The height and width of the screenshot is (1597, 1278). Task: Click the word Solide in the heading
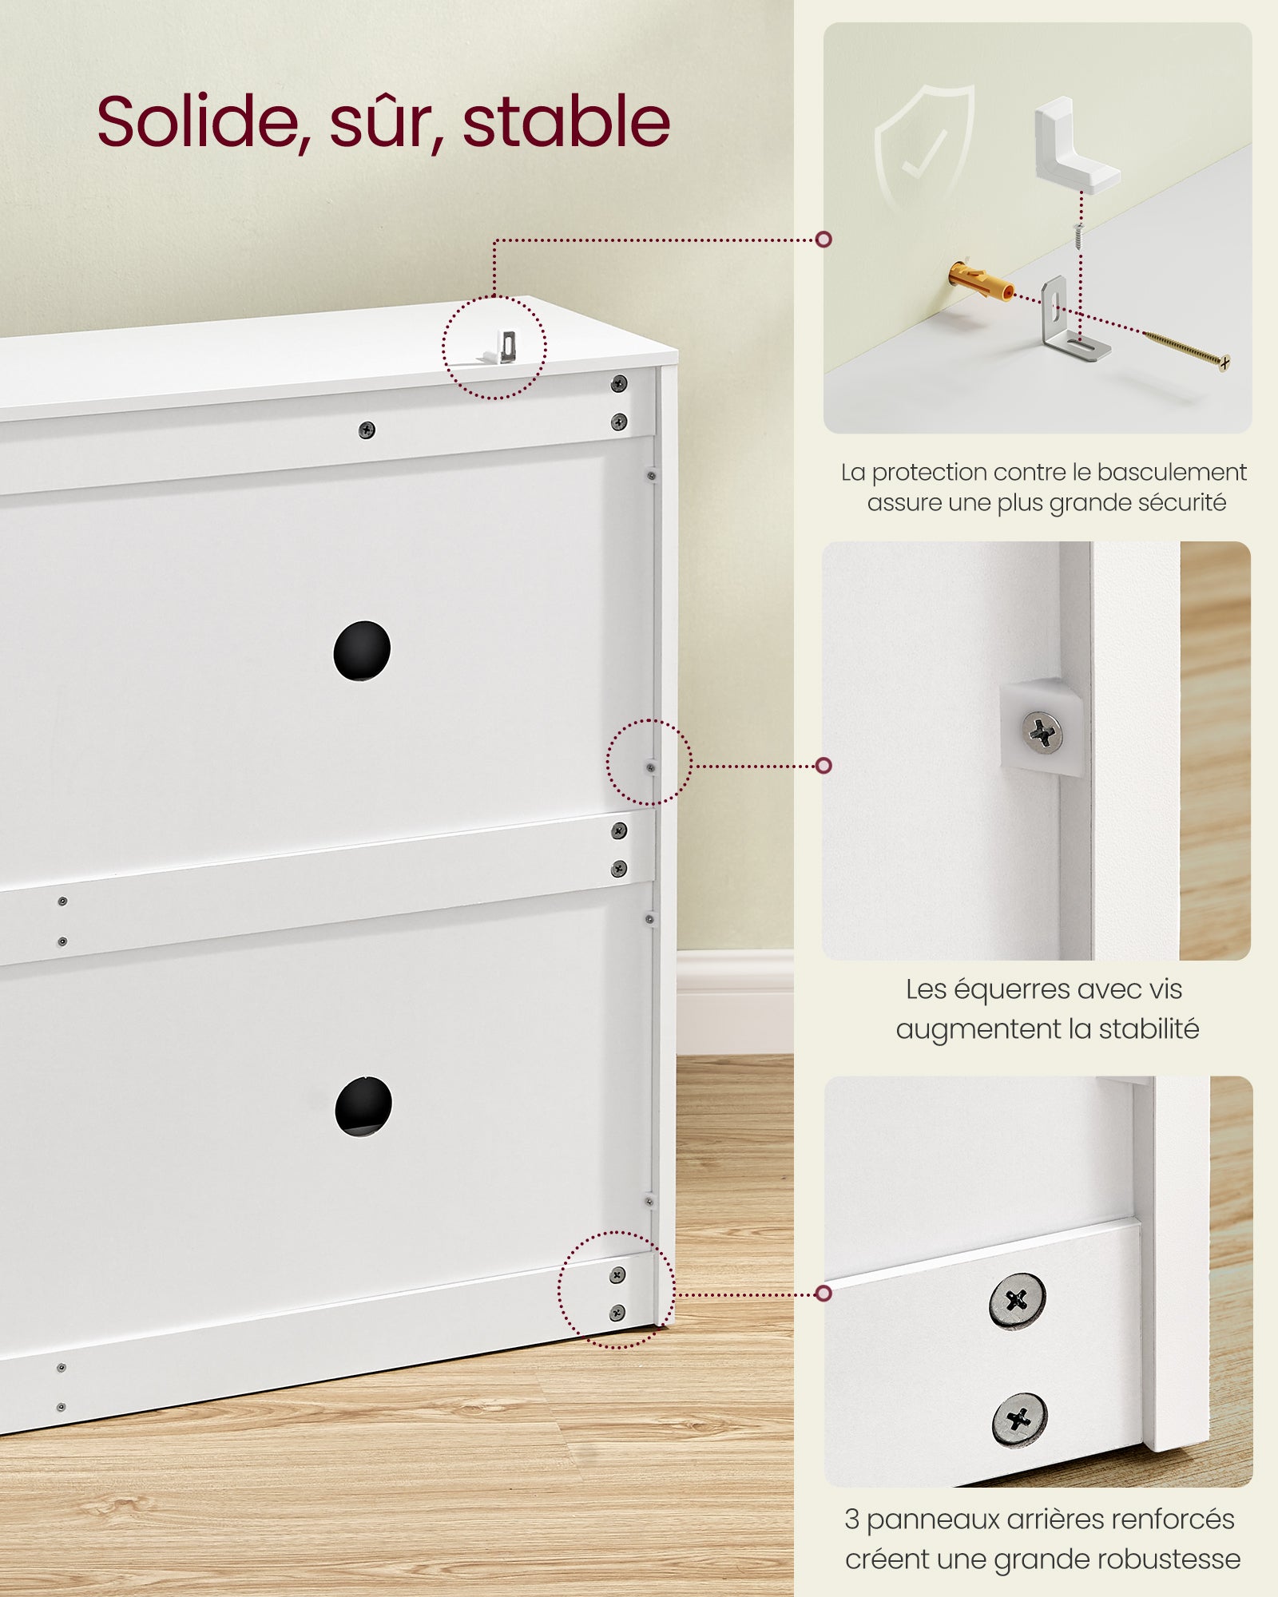click(203, 121)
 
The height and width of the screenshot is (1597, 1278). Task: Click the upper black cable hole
click(362, 651)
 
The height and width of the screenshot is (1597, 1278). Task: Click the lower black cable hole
click(363, 1107)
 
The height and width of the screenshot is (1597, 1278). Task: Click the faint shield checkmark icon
click(923, 148)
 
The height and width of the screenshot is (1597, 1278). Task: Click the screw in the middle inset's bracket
click(1042, 731)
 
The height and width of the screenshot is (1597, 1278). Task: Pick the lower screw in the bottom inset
click(1019, 1419)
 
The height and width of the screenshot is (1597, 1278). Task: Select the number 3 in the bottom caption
click(851, 1520)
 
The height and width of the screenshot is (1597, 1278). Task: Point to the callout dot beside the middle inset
click(824, 766)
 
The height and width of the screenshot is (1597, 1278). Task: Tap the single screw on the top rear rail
click(367, 430)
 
